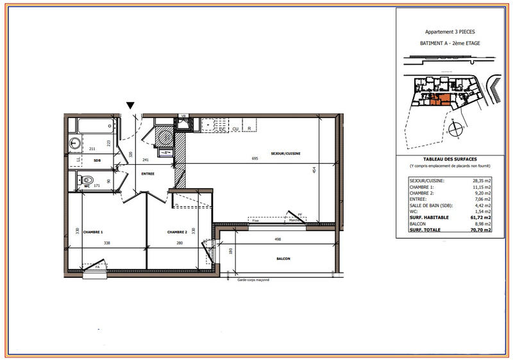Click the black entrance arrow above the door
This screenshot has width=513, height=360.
click(131, 105)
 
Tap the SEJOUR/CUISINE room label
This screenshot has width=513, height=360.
click(286, 153)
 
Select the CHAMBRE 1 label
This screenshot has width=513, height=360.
click(93, 232)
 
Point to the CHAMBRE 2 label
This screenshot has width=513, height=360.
click(177, 232)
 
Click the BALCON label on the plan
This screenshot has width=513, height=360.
click(284, 259)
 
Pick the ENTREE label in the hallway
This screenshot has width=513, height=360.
click(149, 173)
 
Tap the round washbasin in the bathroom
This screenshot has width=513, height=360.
click(75, 143)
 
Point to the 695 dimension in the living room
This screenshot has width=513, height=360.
click(255, 158)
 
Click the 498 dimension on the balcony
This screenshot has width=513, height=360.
click(277, 239)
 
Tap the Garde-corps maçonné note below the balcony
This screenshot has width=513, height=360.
click(253, 280)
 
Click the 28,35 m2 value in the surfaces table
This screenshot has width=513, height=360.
click(481, 181)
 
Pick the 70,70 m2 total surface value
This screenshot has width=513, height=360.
click(481, 229)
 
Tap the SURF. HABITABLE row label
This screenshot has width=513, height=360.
click(429, 217)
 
